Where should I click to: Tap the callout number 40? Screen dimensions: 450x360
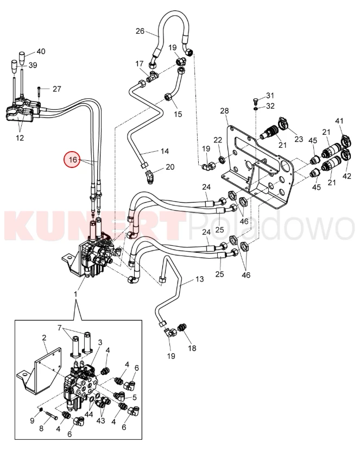point(41,51)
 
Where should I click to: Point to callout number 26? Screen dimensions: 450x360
point(140,31)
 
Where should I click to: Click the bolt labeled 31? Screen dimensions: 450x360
point(256,100)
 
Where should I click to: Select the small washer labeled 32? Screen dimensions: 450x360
point(256,108)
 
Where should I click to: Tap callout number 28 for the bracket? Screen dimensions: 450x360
point(224,111)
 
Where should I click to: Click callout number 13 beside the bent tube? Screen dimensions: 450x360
point(199,279)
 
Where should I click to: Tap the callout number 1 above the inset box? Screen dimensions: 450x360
point(76,294)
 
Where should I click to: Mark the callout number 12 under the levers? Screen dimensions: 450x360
point(20,138)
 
